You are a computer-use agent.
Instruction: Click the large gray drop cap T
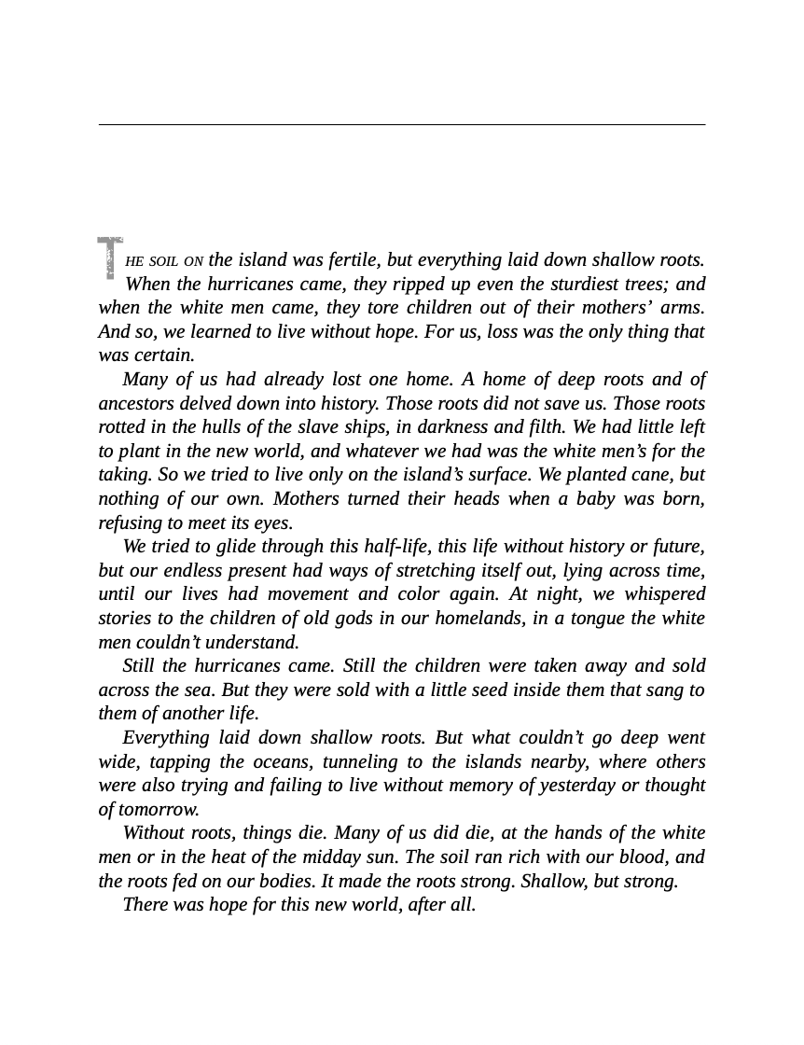click(x=110, y=258)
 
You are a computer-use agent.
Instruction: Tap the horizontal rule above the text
click(x=402, y=124)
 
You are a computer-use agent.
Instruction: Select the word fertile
click(x=353, y=260)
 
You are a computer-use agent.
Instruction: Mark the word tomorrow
click(x=159, y=809)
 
